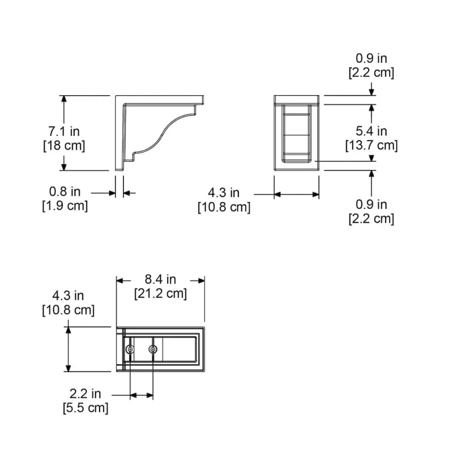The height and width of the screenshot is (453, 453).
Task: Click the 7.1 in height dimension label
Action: [64, 131]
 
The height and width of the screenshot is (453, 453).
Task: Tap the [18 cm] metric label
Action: [64, 146]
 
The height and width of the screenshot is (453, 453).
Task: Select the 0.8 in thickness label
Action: [65, 191]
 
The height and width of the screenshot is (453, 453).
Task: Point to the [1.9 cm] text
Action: [65, 206]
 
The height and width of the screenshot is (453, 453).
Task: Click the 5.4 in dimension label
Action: [371, 131]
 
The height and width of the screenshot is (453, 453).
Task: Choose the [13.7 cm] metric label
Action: [371, 146]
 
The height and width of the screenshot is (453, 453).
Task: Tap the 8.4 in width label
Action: [160, 279]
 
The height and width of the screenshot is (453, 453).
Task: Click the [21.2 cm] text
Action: [161, 293]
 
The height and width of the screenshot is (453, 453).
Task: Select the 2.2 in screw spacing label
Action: [86, 394]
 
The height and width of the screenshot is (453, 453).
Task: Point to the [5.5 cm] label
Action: [86, 408]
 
